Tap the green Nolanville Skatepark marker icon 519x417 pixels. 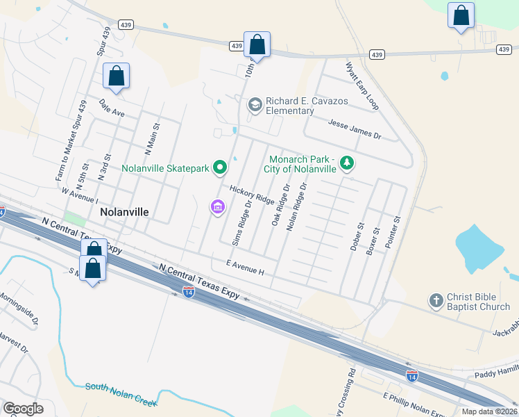[x=220, y=167]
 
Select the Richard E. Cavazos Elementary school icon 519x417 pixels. [x=255, y=105]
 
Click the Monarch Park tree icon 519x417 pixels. [x=346, y=163]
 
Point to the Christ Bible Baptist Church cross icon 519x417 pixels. [x=436, y=300]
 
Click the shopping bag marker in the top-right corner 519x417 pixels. [x=461, y=16]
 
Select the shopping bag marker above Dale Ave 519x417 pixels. [x=116, y=76]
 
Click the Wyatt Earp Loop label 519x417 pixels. [x=362, y=85]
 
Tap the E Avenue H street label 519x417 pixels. [x=246, y=267]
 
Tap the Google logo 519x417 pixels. [x=23, y=409]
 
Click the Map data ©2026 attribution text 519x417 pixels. [x=488, y=411]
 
